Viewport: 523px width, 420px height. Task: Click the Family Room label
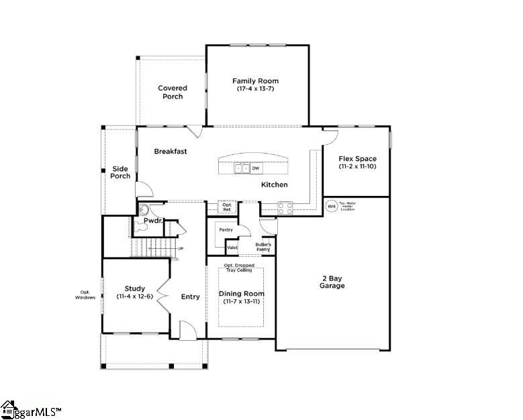(x=255, y=81)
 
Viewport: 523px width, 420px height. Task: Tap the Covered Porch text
(x=173, y=92)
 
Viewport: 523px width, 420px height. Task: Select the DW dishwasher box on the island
(x=256, y=168)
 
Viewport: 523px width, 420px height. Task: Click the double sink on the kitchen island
(x=242, y=168)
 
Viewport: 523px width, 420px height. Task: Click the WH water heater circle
(x=330, y=206)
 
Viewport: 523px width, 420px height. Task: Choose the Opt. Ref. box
(x=227, y=208)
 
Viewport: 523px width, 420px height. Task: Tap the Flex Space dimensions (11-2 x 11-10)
(x=357, y=166)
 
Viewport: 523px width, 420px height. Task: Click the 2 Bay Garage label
(x=332, y=282)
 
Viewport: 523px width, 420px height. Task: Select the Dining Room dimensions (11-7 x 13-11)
(x=242, y=302)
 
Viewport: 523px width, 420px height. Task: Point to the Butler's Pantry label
(x=263, y=246)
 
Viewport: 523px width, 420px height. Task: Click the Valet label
(x=232, y=248)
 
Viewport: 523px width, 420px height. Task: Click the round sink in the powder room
(x=143, y=209)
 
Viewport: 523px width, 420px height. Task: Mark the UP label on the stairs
(x=181, y=248)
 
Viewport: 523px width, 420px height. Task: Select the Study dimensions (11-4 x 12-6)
(x=134, y=297)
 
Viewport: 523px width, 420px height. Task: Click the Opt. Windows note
(x=85, y=295)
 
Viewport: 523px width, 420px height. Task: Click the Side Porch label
(x=120, y=172)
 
